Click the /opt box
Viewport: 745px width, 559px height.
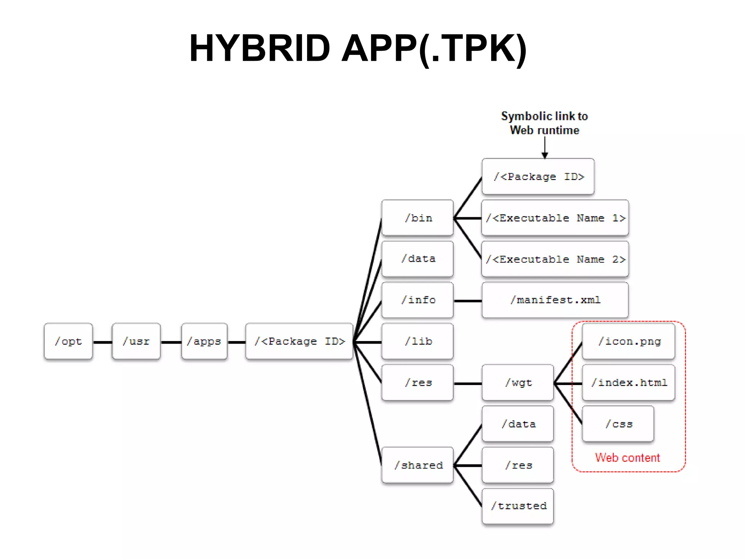tap(68, 341)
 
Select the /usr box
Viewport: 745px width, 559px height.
tap(136, 341)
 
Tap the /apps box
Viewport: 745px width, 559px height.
tap(204, 341)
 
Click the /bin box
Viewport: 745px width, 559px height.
tap(418, 218)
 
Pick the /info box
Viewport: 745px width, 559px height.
tap(418, 300)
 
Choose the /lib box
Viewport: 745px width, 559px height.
tap(418, 341)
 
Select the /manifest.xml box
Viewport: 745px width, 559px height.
tap(555, 300)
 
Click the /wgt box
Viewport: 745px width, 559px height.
tap(518, 382)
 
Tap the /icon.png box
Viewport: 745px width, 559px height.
tap(629, 341)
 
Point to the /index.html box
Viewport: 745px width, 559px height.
tap(629, 382)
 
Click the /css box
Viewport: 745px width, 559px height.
tap(618, 424)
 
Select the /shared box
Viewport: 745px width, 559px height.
tap(418, 465)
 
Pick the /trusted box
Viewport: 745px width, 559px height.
tap(518, 506)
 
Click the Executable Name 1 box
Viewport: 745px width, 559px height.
tap(555, 218)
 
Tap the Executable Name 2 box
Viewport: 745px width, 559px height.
tap(555, 259)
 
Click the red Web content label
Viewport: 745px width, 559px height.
tap(627, 457)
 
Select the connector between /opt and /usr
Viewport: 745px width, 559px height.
tap(103, 342)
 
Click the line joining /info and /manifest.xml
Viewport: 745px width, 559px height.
tap(468, 301)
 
